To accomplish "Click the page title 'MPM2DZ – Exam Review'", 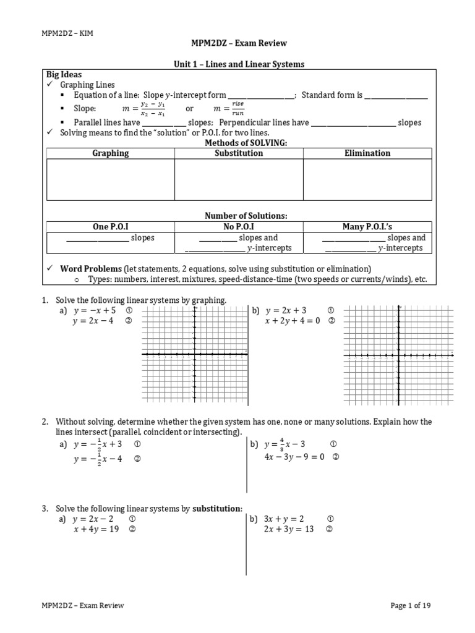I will pyautogui.click(x=238, y=43).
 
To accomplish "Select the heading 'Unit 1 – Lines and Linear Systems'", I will pyautogui.click(x=237, y=64).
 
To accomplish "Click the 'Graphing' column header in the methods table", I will pyautogui.click(x=111, y=153).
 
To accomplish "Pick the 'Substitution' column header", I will pyautogui.click(x=239, y=153).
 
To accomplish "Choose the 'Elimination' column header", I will pyautogui.click(x=367, y=153).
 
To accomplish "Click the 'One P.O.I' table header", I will pyautogui.click(x=110, y=227).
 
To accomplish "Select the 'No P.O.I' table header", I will pyautogui.click(x=239, y=227).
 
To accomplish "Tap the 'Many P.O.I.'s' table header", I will pyautogui.click(x=367, y=227).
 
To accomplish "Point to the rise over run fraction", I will pyautogui.click(x=237, y=109).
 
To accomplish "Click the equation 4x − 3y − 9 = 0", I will pyautogui.click(x=294, y=457).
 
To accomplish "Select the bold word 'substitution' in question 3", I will pyautogui.click(x=216, y=509).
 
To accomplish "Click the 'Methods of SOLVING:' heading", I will pyautogui.click(x=238, y=143).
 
